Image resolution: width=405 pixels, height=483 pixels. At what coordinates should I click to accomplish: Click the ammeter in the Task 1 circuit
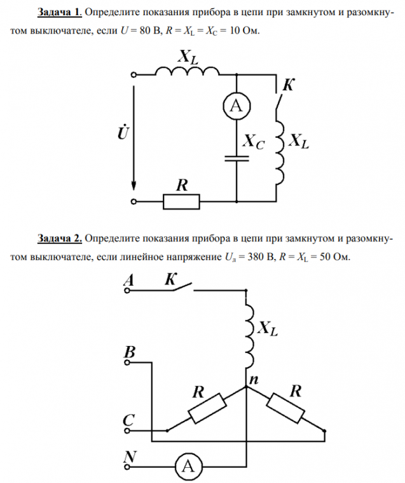[x=235, y=107]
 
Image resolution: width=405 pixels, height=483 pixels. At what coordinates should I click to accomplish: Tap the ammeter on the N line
[x=188, y=466]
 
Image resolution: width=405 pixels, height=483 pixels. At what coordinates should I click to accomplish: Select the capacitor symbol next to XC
[x=235, y=156]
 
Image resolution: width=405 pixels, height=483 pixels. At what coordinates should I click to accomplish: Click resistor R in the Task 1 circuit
[x=182, y=202]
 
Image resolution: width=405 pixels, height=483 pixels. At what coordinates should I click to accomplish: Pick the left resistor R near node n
[x=205, y=409]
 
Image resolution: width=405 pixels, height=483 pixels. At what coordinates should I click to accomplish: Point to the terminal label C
[x=128, y=420]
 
